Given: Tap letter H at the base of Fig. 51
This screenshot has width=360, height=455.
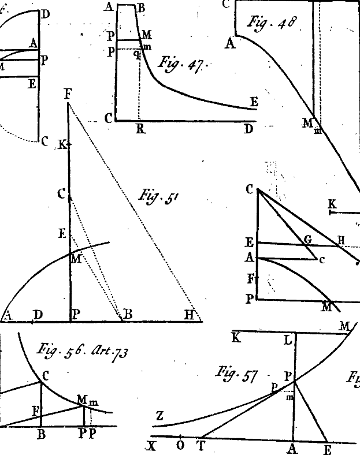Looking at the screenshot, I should tap(190, 315).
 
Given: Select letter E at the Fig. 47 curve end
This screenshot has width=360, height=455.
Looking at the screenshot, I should tap(253, 102).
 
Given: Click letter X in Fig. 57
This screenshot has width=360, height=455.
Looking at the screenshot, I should tap(152, 447).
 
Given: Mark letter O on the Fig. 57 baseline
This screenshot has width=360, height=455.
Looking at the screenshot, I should tap(180, 446).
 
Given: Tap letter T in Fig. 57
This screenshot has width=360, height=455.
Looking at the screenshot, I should tap(201, 446).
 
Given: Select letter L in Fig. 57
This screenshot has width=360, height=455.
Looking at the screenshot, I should tap(288, 342).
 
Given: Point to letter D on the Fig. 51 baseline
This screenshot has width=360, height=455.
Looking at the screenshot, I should tap(38, 315).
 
